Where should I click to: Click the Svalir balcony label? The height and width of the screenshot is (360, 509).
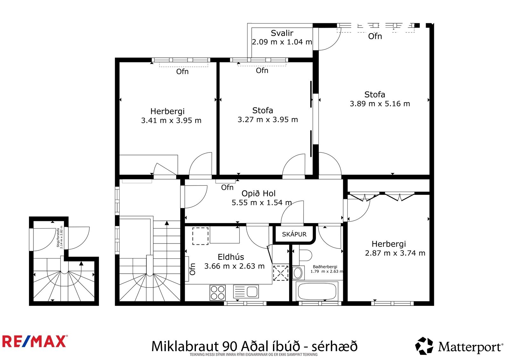tap(282, 33)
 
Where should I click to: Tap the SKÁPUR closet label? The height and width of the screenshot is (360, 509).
tap(294, 234)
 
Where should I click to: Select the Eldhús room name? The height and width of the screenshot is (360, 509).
tap(231, 257)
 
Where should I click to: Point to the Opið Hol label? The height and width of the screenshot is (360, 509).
tap(258, 194)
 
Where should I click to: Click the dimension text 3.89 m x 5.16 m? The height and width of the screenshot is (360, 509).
tap(380, 104)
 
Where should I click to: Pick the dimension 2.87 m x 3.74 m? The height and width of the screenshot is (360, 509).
tap(395, 253)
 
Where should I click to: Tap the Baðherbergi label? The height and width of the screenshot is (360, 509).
tap(325, 267)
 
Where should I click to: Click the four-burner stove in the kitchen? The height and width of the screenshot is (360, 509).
tap(218, 293)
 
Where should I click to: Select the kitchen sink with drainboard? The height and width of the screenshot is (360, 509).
tap(246, 292)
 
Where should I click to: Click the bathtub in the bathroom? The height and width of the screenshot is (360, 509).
tap(317, 291)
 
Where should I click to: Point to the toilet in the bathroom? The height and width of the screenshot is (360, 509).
tap(305, 255)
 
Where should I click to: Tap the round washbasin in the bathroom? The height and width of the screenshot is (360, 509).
tap(297, 272)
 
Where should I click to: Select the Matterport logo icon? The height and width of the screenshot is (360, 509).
tap(424, 346)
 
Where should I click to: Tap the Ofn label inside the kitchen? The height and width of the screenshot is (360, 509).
tap(192, 269)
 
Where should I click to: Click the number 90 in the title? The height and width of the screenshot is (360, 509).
tap(230, 346)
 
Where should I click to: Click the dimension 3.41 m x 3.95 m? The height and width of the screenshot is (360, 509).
tap(171, 121)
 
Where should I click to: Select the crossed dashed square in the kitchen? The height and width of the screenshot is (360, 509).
tap(281, 273)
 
